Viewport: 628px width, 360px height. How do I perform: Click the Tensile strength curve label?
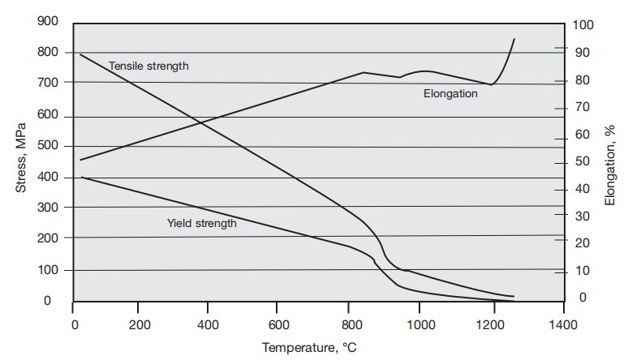point(148,66)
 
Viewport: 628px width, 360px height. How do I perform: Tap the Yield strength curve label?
point(201,223)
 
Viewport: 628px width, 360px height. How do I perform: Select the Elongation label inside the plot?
point(450,93)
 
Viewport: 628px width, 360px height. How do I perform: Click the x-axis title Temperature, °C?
point(308,348)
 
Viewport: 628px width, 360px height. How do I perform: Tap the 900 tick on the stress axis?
point(48,22)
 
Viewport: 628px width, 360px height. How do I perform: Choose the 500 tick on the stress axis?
point(48,146)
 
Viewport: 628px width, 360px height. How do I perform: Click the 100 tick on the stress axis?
point(48,270)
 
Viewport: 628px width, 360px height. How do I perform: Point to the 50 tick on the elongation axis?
point(583,162)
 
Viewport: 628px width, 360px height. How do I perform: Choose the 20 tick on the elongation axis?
point(583,244)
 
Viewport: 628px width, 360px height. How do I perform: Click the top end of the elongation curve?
point(514,39)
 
